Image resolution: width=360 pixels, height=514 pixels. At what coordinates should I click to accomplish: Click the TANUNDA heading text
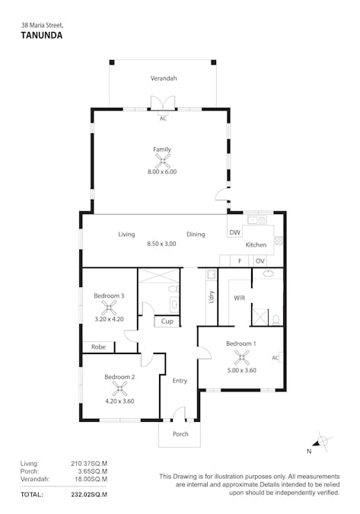[x=41, y=34]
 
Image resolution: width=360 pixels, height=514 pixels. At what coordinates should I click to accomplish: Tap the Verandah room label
[x=163, y=78]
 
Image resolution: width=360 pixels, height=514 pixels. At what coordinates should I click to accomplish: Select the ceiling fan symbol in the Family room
[x=161, y=161]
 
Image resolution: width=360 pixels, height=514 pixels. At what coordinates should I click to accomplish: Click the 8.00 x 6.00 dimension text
[x=161, y=172]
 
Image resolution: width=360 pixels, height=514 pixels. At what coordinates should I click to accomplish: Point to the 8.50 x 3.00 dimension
[x=161, y=244]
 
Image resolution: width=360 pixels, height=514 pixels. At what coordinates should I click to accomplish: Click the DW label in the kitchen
[x=234, y=233]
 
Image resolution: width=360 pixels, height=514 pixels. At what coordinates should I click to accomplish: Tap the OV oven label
[x=260, y=260]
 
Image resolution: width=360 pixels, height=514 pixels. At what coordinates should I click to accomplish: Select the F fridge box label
[x=239, y=260]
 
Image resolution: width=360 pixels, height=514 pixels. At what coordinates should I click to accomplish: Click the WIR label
[x=239, y=298]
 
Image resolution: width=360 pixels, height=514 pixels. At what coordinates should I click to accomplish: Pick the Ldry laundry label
[x=211, y=298]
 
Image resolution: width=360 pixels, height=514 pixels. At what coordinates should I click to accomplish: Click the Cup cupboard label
[x=167, y=321]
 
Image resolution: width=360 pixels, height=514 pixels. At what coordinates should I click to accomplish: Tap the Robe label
[x=98, y=347]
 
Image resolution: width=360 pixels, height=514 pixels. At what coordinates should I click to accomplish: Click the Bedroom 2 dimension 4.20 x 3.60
[x=119, y=401]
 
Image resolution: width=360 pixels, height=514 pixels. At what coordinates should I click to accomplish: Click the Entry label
[x=180, y=381]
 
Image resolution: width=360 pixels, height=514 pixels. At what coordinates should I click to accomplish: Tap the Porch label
[x=180, y=434]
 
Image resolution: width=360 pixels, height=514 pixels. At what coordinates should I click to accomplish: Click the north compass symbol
[x=322, y=441]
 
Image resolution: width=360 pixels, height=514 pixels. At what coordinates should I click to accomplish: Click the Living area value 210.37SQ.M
[x=89, y=463]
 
